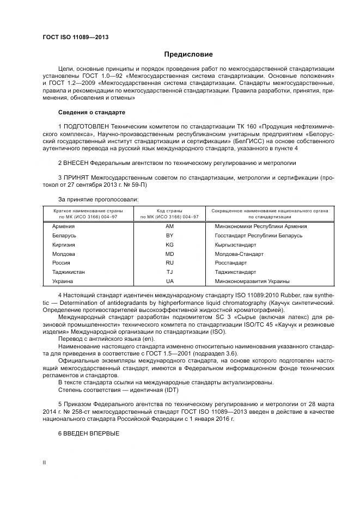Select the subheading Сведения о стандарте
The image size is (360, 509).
(x=91, y=112)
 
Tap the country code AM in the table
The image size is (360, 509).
(x=169, y=226)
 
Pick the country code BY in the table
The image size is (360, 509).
(x=169, y=235)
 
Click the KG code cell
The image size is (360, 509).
(x=169, y=244)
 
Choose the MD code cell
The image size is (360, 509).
(x=169, y=254)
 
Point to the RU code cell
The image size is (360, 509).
(x=169, y=263)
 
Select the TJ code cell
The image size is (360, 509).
(x=169, y=272)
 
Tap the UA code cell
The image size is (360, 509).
(x=169, y=281)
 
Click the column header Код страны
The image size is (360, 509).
(x=169, y=210)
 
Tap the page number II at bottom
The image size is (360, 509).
(x=44, y=462)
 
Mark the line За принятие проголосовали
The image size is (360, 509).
(x=95, y=199)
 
